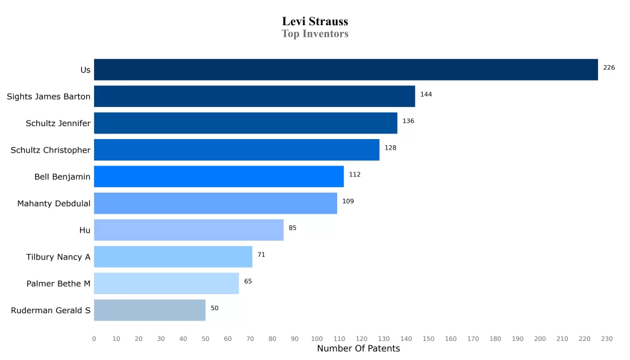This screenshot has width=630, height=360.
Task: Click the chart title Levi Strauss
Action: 315,22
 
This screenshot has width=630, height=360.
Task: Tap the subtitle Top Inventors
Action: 315,34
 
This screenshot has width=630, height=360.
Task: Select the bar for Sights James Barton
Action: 254,97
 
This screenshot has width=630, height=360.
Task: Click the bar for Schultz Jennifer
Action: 245,123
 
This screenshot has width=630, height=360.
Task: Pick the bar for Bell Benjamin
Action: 218,177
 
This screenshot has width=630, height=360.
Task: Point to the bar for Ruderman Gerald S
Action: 150,310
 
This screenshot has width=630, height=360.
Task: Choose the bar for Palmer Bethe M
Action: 166,284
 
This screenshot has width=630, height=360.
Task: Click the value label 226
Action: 609,68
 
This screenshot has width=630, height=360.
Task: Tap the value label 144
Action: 426,95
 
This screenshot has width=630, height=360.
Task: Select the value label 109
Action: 348,201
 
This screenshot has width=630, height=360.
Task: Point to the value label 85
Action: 292,228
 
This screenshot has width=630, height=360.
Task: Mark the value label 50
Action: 214,308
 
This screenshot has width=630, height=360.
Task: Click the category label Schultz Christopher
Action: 50,150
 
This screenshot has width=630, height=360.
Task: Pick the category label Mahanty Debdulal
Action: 54,204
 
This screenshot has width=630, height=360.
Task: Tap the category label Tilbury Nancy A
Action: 58,257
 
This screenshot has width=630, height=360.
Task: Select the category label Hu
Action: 85,230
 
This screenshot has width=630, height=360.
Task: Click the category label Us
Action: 86,70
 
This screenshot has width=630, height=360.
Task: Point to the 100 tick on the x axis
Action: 317,339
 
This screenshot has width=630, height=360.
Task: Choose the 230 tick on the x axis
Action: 607,339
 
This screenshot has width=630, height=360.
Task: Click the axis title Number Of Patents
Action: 358,349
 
